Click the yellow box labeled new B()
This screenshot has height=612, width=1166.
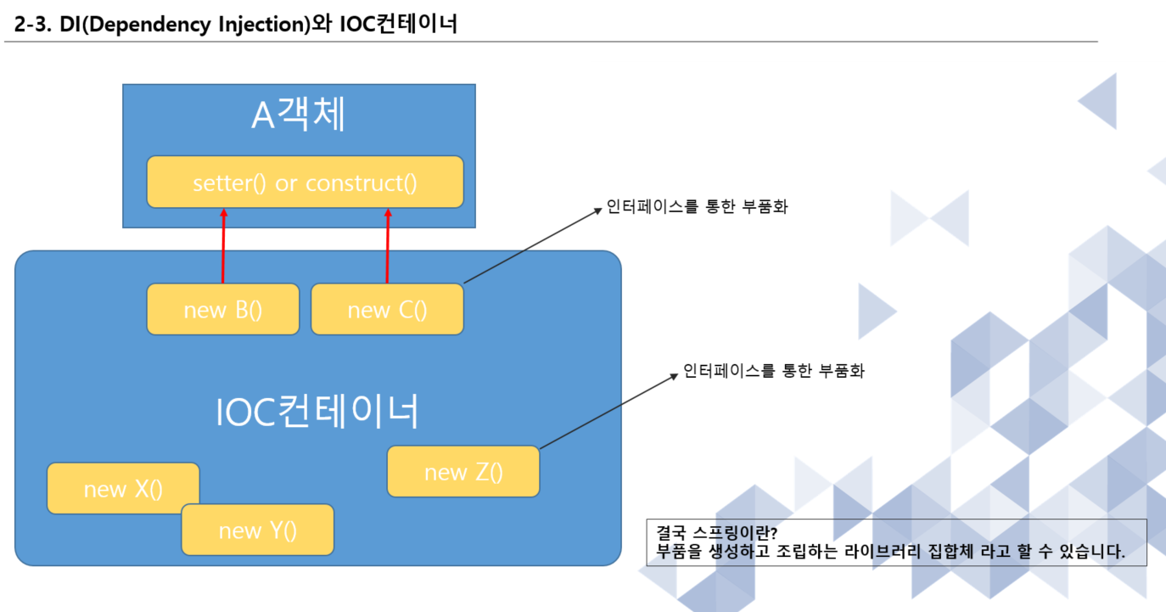pyautogui.click(x=223, y=309)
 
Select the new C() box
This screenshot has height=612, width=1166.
pyautogui.click(x=387, y=309)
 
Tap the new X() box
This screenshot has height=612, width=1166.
pyautogui.click(x=123, y=488)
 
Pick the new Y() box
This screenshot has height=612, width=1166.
pyautogui.click(x=258, y=531)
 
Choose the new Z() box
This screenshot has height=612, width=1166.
pyautogui.click(x=463, y=471)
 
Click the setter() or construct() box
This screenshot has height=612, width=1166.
pyautogui.click(x=305, y=182)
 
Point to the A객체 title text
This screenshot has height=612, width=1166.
pyautogui.click(x=299, y=115)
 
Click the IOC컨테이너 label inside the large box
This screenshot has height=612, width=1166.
pyautogui.click(x=317, y=412)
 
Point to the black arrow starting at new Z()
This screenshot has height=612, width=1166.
pyautogui.click(x=609, y=409)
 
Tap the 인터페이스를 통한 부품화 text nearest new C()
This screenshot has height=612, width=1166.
pyautogui.click(x=697, y=206)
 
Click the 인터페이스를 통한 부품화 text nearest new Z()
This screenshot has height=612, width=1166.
pyautogui.click(x=773, y=371)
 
